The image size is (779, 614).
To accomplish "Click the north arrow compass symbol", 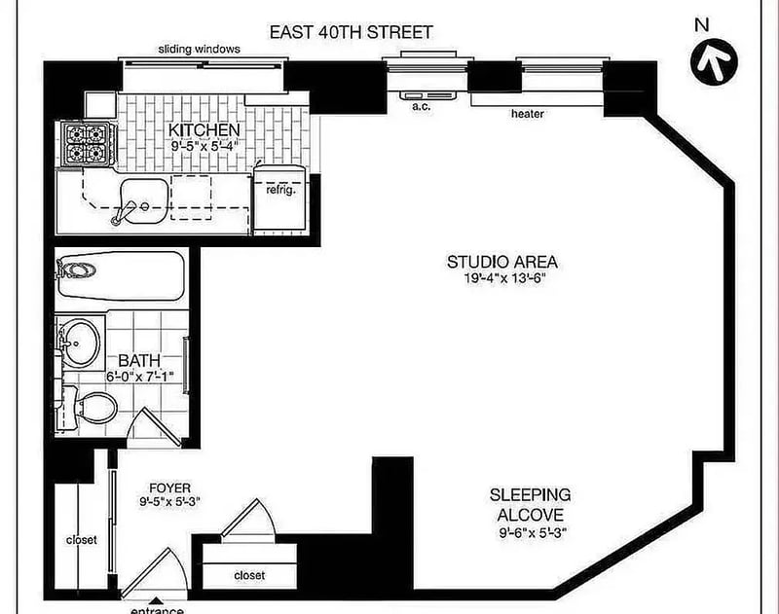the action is pyautogui.click(x=714, y=61).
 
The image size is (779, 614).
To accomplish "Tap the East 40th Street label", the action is pyautogui.click(x=351, y=32).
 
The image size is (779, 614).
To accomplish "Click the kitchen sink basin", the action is pyautogui.click(x=144, y=201).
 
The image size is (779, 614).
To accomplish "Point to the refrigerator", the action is pyautogui.click(x=278, y=198).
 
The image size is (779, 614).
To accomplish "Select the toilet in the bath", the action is pyautogui.click(x=91, y=407).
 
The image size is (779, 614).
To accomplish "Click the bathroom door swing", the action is pyautogui.click(x=154, y=427).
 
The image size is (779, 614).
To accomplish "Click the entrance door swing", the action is pyautogui.click(x=155, y=572).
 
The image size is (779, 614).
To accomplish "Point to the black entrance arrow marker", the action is pyautogui.click(x=156, y=601).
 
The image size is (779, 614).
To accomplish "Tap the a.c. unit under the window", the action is pyautogui.click(x=427, y=95).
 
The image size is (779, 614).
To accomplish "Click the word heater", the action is pyautogui.click(x=527, y=114).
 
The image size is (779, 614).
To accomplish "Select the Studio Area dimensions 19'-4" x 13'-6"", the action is pyautogui.click(x=504, y=278).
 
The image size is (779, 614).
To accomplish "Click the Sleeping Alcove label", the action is pyautogui.click(x=531, y=504).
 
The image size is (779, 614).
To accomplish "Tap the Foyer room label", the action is pyautogui.click(x=169, y=488).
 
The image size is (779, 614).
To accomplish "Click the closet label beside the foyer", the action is pyautogui.click(x=82, y=539).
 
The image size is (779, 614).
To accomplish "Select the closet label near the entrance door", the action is pyautogui.click(x=249, y=575).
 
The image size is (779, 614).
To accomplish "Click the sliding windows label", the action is pyautogui.click(x=200, y=50).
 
